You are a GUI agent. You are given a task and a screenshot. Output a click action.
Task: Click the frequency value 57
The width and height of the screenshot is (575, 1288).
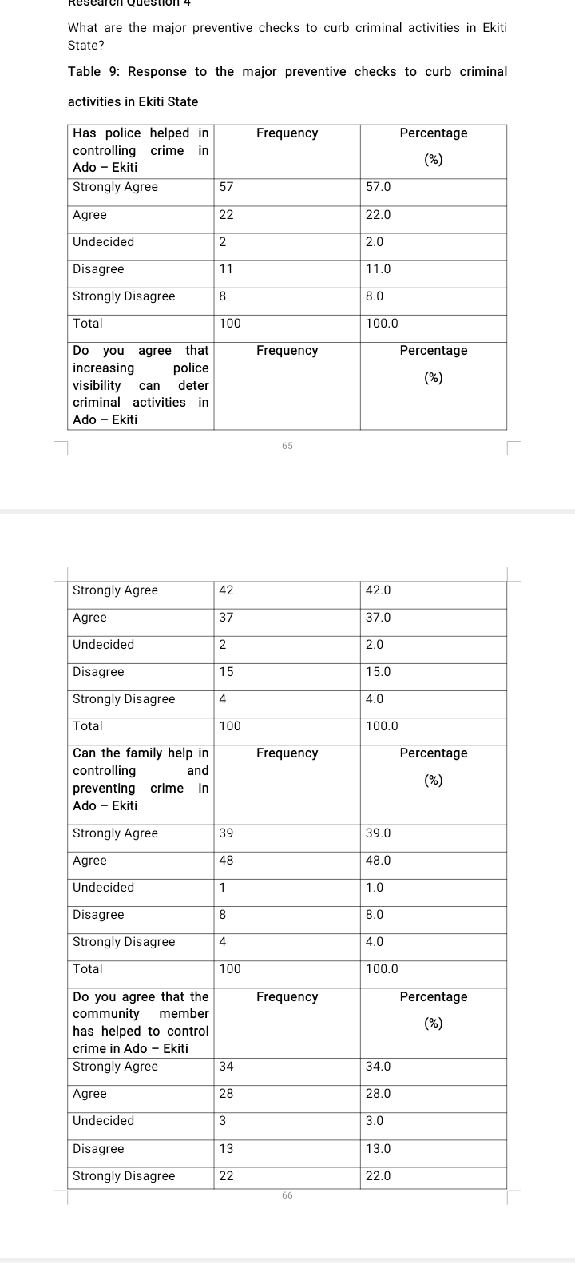coord(226,187)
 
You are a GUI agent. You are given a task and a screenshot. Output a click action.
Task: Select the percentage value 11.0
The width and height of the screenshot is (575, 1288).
coord(378,269)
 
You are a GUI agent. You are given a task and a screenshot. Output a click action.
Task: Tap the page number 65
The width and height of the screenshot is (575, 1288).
coord(287,446)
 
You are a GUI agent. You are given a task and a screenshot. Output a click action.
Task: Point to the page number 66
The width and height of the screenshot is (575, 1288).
coord(287,1195)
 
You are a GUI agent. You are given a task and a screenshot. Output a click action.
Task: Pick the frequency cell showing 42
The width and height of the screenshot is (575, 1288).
coord(226,590)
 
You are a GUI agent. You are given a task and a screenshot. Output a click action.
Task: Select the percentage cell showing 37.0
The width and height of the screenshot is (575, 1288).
coord(378,618)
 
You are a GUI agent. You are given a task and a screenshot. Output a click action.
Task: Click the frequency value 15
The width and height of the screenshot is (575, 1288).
coord(226,672)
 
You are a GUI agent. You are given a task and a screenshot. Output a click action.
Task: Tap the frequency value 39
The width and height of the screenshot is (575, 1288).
coord(226,833)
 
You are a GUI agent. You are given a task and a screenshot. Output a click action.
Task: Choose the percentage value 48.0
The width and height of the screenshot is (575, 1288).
coord(378,861)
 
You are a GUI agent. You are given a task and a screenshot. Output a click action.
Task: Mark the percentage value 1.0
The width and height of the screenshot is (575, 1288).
coord(375,888)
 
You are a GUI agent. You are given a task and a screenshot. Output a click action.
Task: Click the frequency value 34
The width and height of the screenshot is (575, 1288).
coord(226,1067)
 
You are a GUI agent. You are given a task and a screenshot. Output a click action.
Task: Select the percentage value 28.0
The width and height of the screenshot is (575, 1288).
coord(378,1094)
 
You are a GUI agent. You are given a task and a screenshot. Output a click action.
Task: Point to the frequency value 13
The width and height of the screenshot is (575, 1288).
coord(226,1149)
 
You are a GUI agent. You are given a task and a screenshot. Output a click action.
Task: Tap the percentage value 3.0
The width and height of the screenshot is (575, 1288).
coord(375,1121)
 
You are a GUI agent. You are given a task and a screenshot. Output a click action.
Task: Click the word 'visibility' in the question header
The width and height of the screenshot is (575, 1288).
coord(97,386)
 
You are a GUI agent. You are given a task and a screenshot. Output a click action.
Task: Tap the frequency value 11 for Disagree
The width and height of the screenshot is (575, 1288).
coord(226,269)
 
